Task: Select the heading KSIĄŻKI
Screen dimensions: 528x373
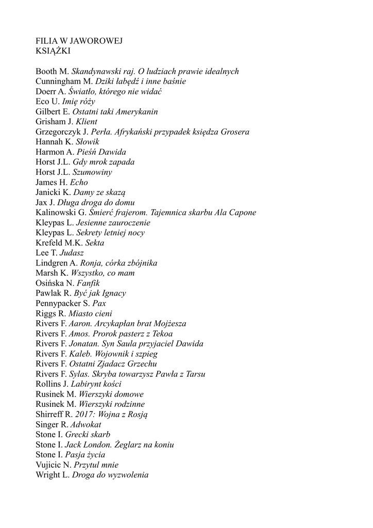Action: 53,51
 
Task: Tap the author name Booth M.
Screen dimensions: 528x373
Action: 53,71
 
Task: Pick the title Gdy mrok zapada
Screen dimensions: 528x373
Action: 104,162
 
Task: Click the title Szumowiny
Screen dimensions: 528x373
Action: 92,172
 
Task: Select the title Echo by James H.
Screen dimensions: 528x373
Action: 79,183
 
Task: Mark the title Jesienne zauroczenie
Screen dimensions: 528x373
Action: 113,223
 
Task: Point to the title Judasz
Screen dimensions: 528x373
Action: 72,253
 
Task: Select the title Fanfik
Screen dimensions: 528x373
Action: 88,283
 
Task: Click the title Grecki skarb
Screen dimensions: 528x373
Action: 88,435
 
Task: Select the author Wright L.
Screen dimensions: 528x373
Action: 52,475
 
